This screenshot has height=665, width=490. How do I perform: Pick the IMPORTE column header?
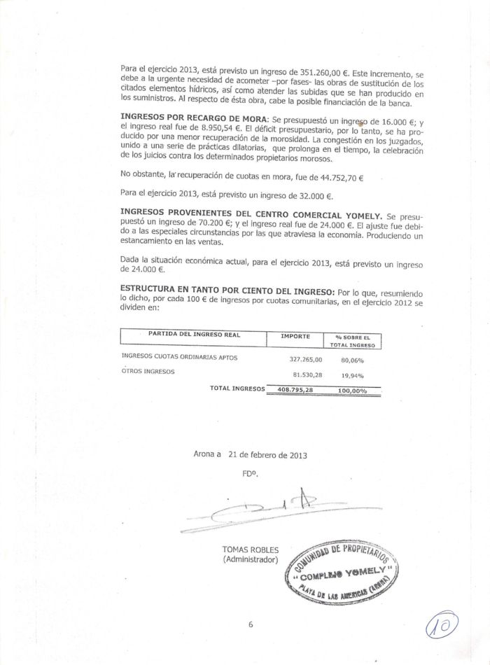pos(295,337)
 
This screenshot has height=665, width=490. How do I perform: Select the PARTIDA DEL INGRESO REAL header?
pos(195,335)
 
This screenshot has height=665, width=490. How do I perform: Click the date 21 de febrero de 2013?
pos(267,454)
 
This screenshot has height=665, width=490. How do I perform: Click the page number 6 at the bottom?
pos(250,625)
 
